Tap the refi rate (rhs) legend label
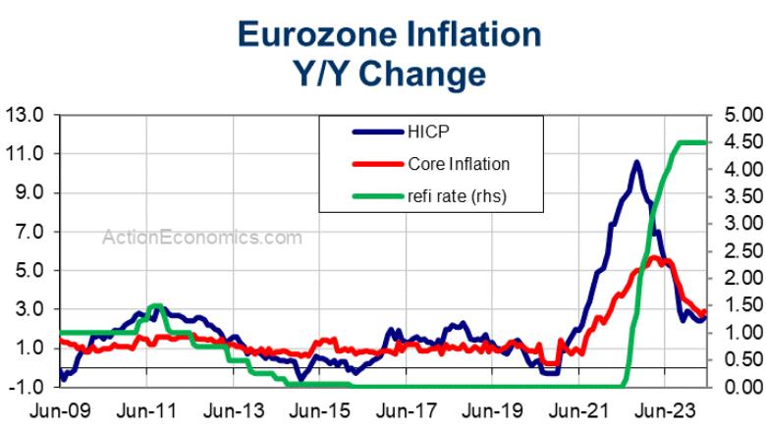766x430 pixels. [x=455, y=196]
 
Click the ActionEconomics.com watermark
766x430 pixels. [x=202, y=237]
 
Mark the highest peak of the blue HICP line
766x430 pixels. [x=636, y=162]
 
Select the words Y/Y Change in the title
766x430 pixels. [x=388, y=74]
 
